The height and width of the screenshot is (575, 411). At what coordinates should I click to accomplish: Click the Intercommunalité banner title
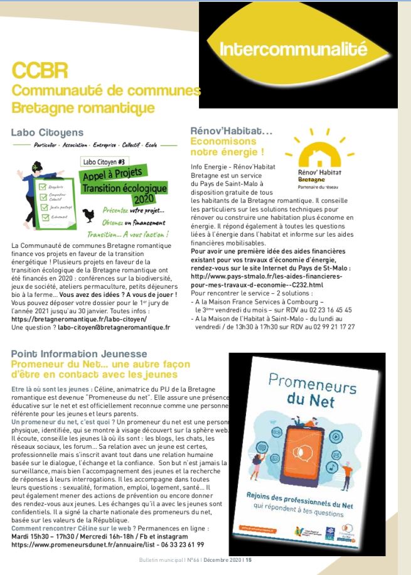tap(293, 48)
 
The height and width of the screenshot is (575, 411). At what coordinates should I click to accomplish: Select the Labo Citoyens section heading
tap(47, 132)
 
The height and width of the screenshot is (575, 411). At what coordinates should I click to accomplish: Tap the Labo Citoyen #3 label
tap(104, 162)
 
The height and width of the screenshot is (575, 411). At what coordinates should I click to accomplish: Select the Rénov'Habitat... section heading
tap(231, 131)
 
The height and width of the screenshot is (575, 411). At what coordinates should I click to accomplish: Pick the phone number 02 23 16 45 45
tap(327, 310)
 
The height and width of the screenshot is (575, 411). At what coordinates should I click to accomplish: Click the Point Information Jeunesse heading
tap(79, 354)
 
